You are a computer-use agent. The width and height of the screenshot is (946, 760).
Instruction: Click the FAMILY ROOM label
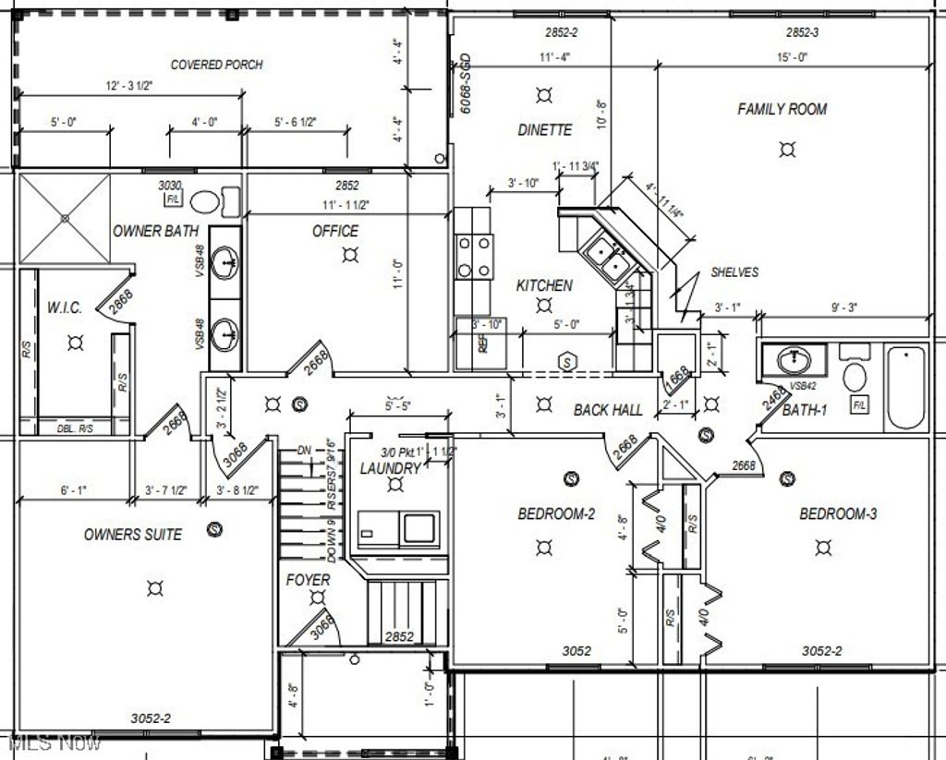tap(782, 109)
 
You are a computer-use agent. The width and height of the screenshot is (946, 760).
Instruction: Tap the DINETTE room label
tap(544, 130)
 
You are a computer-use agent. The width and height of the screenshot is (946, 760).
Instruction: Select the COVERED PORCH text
tap(216, 65)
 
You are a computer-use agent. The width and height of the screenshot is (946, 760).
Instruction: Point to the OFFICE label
tap(335, 231)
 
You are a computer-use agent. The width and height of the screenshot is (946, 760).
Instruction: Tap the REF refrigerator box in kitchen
tap(480, 343)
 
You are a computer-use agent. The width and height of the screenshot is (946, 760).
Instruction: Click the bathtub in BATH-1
tap(905, 386)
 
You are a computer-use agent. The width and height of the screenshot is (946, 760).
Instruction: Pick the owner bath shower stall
tap(65, 218)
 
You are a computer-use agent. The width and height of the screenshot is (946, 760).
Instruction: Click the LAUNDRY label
tap(390, 468)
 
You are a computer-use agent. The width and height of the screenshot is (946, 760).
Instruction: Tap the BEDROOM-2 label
tap(556, 514)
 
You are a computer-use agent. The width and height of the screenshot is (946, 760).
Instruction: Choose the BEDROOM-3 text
tap(838, 514)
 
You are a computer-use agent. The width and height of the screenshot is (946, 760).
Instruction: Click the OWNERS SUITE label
tap(133, 535)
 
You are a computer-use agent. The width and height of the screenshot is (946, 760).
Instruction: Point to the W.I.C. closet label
tap(65, 308)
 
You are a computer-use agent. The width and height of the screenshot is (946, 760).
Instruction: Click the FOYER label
tap(308, 580)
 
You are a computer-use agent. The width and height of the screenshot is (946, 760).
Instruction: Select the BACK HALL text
tap(608, 409)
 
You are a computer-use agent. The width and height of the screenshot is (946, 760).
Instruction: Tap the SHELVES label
tap(734, 272)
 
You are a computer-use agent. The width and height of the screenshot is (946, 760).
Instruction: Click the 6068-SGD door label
tap(467, 85)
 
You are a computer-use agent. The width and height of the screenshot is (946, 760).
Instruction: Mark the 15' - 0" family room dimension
tap(792, 57)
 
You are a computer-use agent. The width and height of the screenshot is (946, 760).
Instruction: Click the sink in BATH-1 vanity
tap(793, 359)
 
